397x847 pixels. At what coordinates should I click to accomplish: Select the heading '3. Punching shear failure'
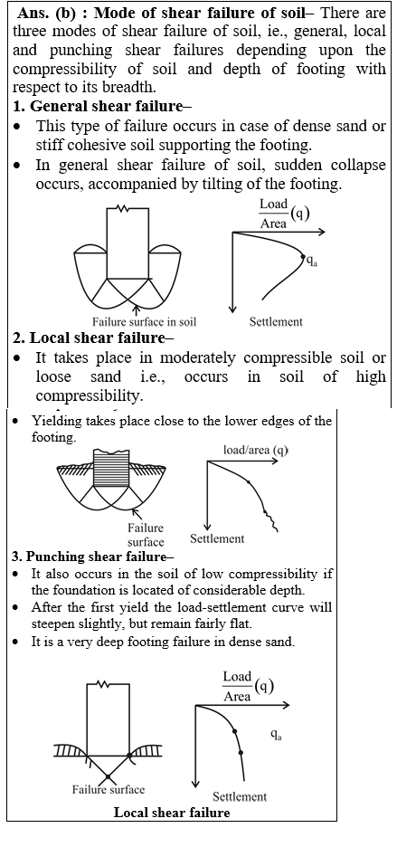coord(92,557)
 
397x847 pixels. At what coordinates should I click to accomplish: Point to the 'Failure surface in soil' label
coord(144,322)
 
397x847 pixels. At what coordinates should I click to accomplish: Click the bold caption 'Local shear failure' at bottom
coord(172,813)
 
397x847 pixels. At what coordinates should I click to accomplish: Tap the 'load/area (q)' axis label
coord(256,450)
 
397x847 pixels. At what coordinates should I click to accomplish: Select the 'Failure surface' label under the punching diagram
coord(109,789)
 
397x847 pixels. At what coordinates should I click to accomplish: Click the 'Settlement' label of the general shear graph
coord(276,322)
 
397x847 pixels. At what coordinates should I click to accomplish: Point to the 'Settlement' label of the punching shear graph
coord(240,796)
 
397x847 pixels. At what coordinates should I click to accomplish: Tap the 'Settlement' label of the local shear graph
coord(217,538)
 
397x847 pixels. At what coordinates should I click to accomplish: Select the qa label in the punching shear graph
coord(276,735)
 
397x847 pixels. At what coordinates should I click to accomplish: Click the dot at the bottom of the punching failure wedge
coord(108,776)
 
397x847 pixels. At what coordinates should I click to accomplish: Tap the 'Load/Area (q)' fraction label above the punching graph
coord(248,687)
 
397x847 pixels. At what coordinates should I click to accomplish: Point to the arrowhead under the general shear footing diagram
coord(137,309)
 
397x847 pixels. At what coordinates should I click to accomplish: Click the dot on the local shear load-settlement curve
coord(248,481)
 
